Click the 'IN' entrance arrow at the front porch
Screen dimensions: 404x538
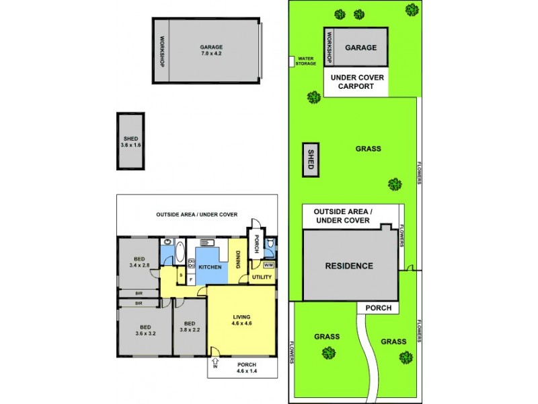pyautogui.click(x=215, y=352)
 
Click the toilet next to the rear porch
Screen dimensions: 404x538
pyautogui.click(x=270, y=246)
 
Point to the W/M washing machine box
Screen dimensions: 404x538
pyautogui.click(x=268, y=265)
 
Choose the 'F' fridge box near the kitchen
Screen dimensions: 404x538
pyautogui.click(x=191, y=278)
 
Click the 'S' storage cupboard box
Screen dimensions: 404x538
pyautogui.click(x=181, y=273)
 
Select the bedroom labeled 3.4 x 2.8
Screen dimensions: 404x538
pyautogui.click(x=139, y=263)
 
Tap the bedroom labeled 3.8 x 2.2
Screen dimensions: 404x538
pyautogui.click(x=190, y=326)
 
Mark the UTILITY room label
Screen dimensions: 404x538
pyautogui.click(x=261, y=277)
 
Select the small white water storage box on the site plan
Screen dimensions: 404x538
pyautogui.click(x=291, y=61)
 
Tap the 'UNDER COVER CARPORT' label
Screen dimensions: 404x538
pyautogui.click(x=356, y=82)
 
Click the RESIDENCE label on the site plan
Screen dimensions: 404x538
pyautogui.click(x=349, y=266)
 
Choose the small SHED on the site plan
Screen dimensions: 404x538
pyautogui.click(x=311, y=160)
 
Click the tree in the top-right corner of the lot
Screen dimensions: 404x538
pyautogui.click(x=411, y=9)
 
